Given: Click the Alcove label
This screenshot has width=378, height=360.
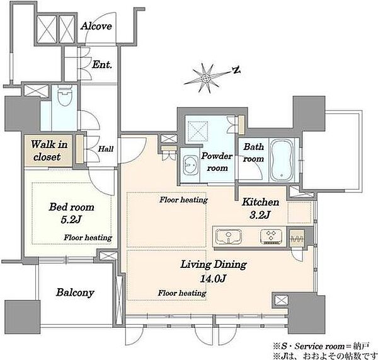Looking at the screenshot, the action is pos(96,26).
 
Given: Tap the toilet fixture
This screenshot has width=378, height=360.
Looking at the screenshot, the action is pos(65,95).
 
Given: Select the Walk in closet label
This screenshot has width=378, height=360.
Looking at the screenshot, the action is pos(49,151).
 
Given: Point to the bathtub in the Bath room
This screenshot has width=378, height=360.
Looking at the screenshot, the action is pos(282,160).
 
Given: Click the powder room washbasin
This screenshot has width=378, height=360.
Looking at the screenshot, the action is pos(190,165).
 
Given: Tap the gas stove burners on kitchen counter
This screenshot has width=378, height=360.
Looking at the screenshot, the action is pos(271,236).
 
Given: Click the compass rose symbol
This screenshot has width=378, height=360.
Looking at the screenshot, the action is pos(206,78).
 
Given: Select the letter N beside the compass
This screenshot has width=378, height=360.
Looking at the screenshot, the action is pos(237,70).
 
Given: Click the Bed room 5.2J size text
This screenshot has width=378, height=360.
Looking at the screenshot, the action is pos(71,220).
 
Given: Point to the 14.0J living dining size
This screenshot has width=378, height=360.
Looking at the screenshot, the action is pos(213,279).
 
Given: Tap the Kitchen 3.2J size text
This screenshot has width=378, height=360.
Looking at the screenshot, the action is pos(260,215).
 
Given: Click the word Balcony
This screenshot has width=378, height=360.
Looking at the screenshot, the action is pos(75,293).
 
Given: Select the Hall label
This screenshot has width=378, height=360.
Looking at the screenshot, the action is pos(106,149).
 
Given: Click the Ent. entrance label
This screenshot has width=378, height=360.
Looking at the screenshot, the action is pos(102,64).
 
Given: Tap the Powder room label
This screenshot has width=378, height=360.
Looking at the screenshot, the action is pos(217,161).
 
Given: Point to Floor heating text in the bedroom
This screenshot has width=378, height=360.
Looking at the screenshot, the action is pos(88,238).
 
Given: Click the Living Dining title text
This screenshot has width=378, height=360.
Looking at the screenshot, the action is pos(214,265).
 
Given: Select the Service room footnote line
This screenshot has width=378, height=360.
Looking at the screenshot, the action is pos(321,347).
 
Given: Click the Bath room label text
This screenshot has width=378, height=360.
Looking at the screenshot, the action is pos(253,153).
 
